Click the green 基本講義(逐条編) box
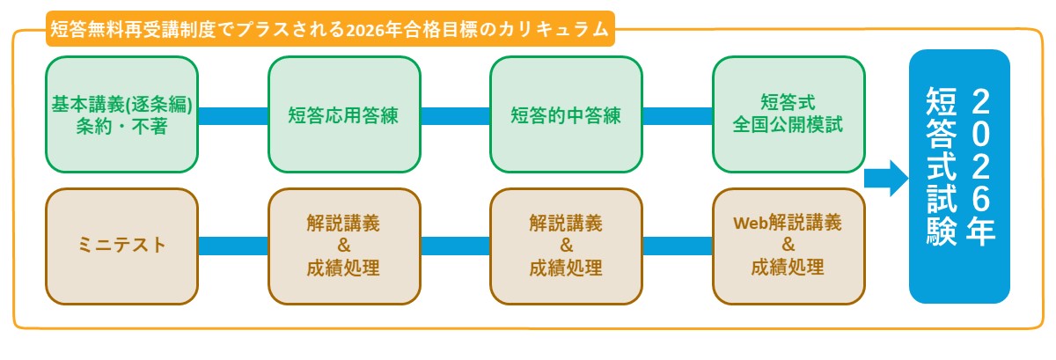pos(121,114)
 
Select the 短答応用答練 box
pos(344,114)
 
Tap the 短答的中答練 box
pos(566,114)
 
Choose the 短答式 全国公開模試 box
pos(788,114)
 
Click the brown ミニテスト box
pos(121,246)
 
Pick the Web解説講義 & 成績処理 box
pos(788,246)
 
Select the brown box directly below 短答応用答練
pos(344,246)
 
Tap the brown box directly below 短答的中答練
pos(566,246)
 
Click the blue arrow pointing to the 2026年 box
pos(885,179)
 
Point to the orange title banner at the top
pos(329,29)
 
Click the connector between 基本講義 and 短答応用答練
pos(233,115)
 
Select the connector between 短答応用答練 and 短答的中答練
pos(455,115)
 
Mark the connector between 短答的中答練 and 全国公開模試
pos(678,115)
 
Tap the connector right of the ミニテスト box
pos(233,246)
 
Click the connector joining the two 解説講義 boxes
pos(455,246)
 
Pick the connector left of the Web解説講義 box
pos(678,246)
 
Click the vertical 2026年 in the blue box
pos(979,167)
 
